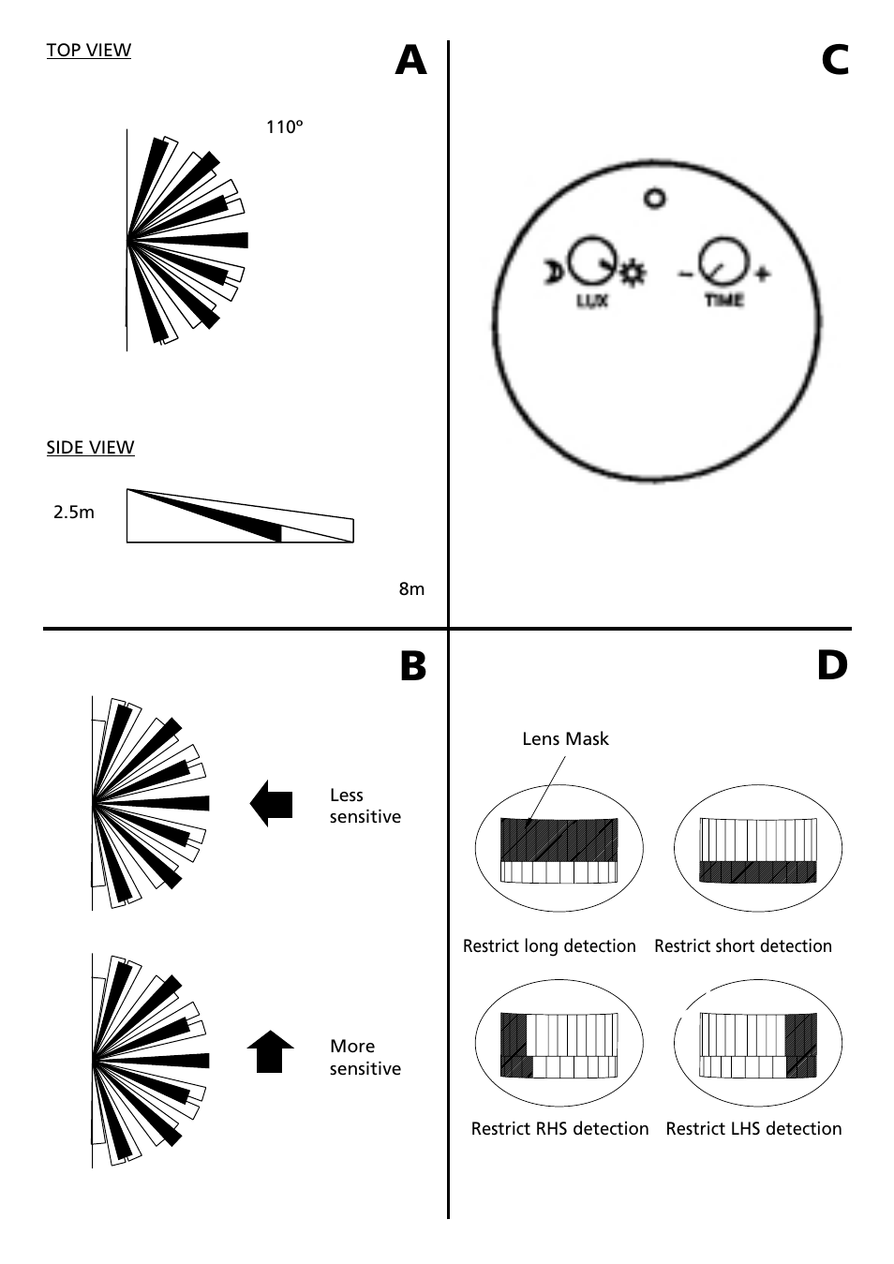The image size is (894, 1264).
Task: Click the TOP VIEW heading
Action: point(89,51)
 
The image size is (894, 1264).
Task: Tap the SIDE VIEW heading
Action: point(90,448)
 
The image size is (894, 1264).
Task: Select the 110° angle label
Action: point(285,127)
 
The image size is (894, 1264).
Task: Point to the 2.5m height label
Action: point(74,513)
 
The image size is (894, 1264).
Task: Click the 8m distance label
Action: point(411,589)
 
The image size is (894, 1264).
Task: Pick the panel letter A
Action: point(410,60)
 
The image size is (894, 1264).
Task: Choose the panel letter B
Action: point(413,666)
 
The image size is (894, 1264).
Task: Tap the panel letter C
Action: point(835,60)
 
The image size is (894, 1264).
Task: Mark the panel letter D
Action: point(832,666)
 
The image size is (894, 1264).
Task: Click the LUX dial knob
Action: point(591,260)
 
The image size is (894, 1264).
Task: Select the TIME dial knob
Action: point(724,260)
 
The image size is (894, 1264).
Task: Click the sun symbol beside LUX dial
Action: point(633,274)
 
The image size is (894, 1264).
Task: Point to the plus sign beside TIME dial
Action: point(763,275)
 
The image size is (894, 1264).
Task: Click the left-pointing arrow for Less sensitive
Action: point(271,804)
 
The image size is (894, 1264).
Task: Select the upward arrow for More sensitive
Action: point(270,1051)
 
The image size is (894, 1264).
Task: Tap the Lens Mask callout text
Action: point(565,739)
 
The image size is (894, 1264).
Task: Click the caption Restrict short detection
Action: point(743,946)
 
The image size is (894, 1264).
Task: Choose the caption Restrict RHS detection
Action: point(559,1129)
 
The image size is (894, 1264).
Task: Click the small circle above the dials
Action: point(655,198)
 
